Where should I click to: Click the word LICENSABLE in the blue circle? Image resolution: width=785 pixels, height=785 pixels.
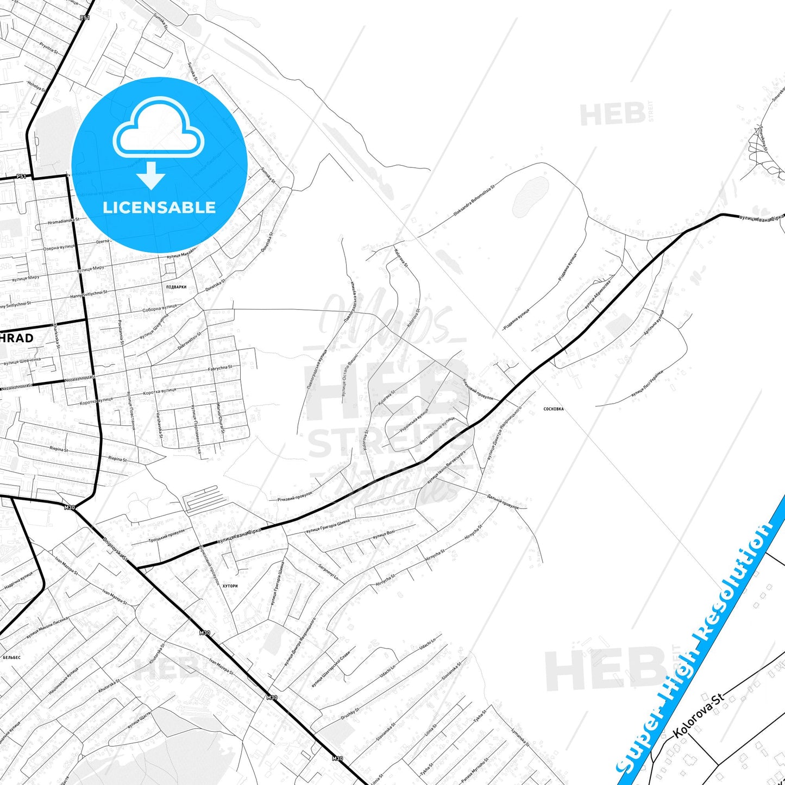[x=159, y=207]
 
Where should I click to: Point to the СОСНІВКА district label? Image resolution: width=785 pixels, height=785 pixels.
[x=553, y=409]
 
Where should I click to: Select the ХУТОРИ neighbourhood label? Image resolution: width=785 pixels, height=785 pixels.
[x=230, y=586]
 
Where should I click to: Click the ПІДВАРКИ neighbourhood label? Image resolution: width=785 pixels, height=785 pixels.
[x=177, y=287]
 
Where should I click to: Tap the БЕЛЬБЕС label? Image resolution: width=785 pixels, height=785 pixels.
[x=11, y=657]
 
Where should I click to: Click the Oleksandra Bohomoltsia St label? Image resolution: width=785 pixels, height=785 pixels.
[x=474, y=200]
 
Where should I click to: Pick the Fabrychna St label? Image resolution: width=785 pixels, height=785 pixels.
[x=219, y=368]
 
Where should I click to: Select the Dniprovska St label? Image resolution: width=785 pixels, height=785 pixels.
[x=115, y=549]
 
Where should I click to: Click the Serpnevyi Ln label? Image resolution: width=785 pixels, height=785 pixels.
[x=328, y=568]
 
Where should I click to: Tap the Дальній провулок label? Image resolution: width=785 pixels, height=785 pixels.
[x=503, y=501]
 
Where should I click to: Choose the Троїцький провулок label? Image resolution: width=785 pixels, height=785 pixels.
[x=167, y=536]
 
